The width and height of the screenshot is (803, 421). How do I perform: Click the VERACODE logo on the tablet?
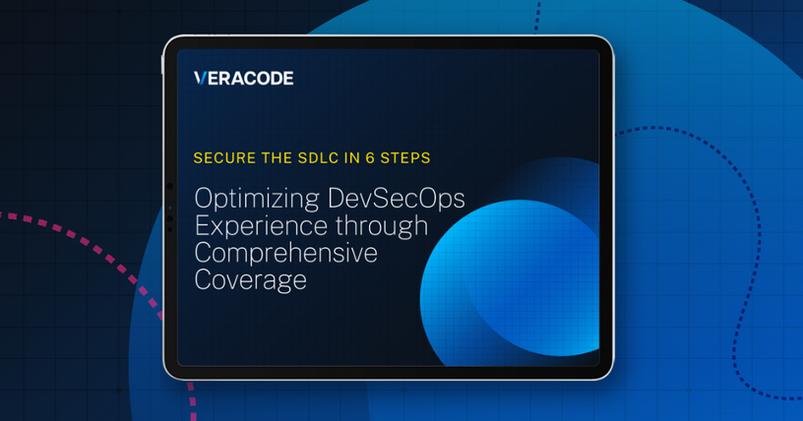pyautogui.click(x=243, y=79)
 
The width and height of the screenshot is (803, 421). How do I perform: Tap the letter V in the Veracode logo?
pyautogui.click(x=200, y=79)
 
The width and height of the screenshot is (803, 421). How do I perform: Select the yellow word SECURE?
pyautogui.click(x=221, y=157)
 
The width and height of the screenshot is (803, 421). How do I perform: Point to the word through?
pyautogui.click(x=383, y=226)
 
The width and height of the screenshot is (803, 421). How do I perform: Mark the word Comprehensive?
pyautogui.click(x=286, y=253)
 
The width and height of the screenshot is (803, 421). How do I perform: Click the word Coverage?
pyautogui.click(x=250, y=280)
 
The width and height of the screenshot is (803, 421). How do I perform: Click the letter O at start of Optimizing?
pyautogui.click(x=204, y=199)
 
